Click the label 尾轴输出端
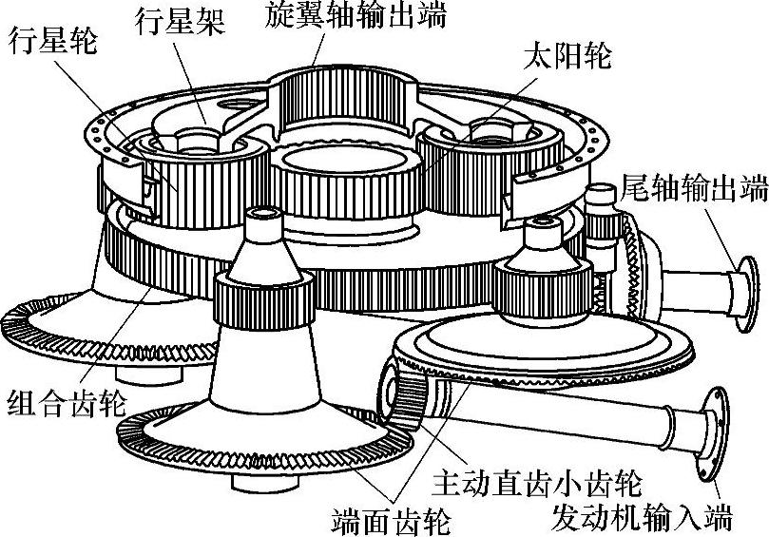[691, 187]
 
